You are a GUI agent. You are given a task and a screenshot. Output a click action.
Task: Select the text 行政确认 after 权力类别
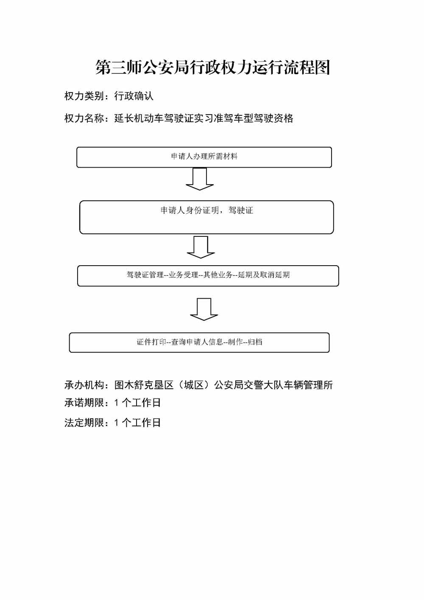134,96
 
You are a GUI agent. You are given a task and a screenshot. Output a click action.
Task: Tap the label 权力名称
84,118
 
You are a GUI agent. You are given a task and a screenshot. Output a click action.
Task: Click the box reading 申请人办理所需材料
204,157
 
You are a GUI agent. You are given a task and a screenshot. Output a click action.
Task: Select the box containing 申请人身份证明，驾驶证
206,217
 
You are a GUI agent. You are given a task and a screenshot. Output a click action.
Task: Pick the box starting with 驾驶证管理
208,275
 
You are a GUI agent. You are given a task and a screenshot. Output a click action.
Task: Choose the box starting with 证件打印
199,342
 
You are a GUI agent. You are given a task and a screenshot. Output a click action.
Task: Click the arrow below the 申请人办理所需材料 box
200,179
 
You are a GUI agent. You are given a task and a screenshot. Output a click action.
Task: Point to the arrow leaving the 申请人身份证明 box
201,247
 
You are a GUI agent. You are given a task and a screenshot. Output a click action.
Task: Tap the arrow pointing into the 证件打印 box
204,309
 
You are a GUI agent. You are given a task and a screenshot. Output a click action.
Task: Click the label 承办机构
84,385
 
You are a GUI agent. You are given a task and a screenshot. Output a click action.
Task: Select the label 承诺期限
84,403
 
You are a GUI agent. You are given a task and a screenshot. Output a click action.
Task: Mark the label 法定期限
84,423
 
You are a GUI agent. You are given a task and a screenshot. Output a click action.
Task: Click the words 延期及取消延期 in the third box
264,275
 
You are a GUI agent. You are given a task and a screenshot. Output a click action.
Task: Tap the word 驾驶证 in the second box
241,210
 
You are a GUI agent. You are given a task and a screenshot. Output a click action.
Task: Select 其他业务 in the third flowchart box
218,275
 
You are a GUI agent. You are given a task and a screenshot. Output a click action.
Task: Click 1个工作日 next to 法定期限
137,423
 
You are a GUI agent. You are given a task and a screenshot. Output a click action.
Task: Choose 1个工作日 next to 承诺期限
137,403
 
